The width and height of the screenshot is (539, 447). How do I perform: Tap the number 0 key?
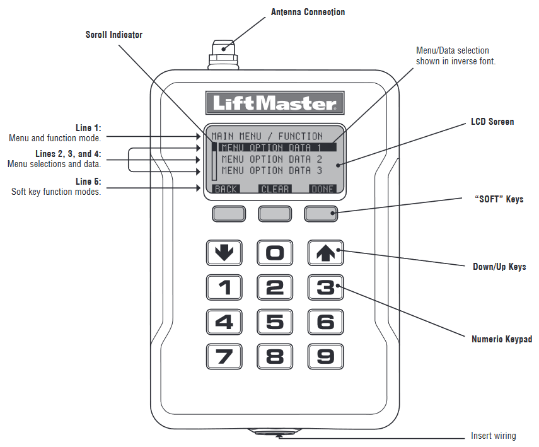pyautogui.click(x=275, y=253)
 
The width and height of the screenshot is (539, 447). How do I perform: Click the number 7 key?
pyautogui.click(x=224, y=357)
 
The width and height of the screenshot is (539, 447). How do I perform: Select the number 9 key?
pyautogui.click(x=325, y=357)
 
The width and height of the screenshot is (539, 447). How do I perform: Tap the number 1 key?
pyautogui.click(x=224, y=288)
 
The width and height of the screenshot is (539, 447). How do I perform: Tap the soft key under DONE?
pyautogui.click(x=321, y=214)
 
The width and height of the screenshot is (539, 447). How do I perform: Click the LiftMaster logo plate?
pyautogui.click(x=275, y=103)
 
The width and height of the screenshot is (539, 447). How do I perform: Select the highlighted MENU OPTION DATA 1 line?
pyautogui.click(x=275, y=148)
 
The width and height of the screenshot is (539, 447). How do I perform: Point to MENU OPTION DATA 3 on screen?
pyautogui.click(x=272, y=170)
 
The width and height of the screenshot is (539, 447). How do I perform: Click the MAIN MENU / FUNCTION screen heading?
pyautogui.click(x=267, y=136)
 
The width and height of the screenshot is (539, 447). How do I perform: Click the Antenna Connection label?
pyautogui.click(x=308, y=12)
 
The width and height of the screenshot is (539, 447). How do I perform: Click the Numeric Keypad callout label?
pyautogui.click(x=502, y=339)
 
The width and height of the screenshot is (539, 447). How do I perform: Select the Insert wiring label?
pyautogui.click(x=493, y=436)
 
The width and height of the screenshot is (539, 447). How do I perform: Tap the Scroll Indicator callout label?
pyautogui.click(x=114, y=35)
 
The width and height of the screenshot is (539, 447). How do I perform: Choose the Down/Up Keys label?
pyautogui.click(x=499, y=267)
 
